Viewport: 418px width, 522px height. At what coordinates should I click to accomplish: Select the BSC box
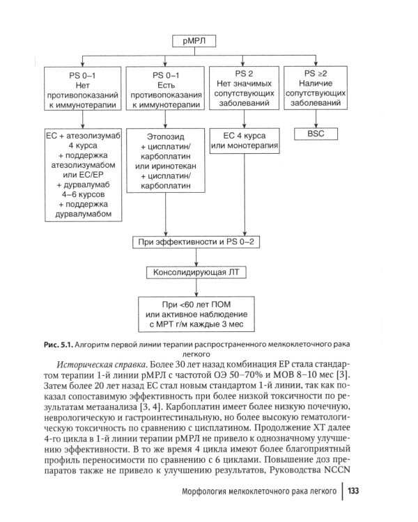point(320,133)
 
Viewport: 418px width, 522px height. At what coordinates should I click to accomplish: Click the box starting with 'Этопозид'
point(166,168)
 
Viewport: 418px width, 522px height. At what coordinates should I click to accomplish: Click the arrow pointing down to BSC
point(320,120)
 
